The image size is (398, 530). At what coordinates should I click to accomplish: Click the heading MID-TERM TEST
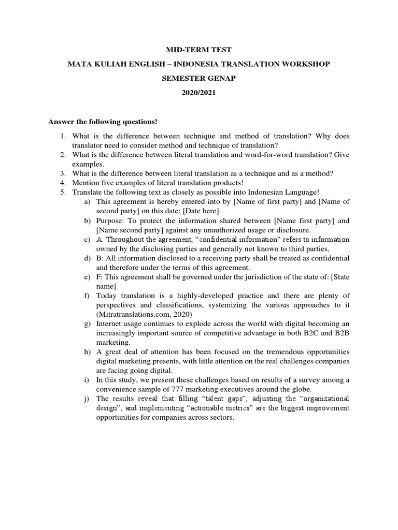click(198, 50)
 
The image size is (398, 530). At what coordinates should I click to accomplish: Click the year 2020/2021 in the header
click(198, 94)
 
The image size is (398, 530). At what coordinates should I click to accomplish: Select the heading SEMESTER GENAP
click(198, 79)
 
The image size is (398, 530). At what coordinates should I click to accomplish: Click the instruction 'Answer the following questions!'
click(103, 122)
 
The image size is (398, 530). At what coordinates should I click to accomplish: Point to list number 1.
click(62, 136)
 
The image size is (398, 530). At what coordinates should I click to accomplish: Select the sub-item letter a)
click(87, 201)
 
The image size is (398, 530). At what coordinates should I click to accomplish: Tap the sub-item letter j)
click(87, 399)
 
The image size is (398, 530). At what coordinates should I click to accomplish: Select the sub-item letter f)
click(87, 296)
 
